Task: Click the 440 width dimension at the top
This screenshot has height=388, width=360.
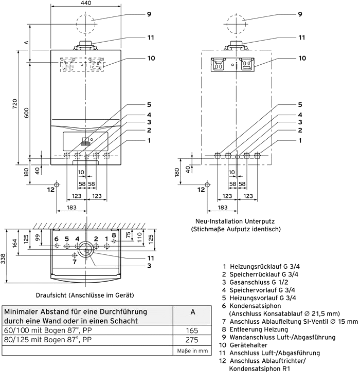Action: [x=86, y=3]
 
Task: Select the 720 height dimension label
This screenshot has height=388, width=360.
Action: [x=15, y=104]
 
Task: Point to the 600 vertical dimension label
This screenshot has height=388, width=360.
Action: [x=27, y=113]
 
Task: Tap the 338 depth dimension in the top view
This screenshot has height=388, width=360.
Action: [x=3, y=258]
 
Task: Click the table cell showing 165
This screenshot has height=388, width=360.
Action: [x=192, y=330]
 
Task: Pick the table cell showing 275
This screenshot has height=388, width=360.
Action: [x=192, y=340]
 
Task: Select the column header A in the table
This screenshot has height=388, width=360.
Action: [x=193, y=312]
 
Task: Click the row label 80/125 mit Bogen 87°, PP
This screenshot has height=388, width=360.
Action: [x=48, y=340]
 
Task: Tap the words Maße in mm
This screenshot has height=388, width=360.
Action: [x=192, y=351]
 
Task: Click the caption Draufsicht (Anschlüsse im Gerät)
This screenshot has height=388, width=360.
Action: [x=85, y=295]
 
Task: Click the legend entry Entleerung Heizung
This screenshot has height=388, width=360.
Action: [x=259, y=329]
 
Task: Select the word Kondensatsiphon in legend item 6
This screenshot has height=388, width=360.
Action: [x=255, y=306]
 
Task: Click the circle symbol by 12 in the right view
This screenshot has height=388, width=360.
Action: [x=207, y=184]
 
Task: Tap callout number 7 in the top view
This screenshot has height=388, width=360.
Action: [x=74, y=262]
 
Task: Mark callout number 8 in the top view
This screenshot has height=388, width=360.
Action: [x=114, y=235]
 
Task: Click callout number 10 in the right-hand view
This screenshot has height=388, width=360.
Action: [x=302, y=59]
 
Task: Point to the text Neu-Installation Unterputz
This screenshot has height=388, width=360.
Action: [x=235, y=221]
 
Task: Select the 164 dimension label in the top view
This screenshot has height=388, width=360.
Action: [x=15, y=243]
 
